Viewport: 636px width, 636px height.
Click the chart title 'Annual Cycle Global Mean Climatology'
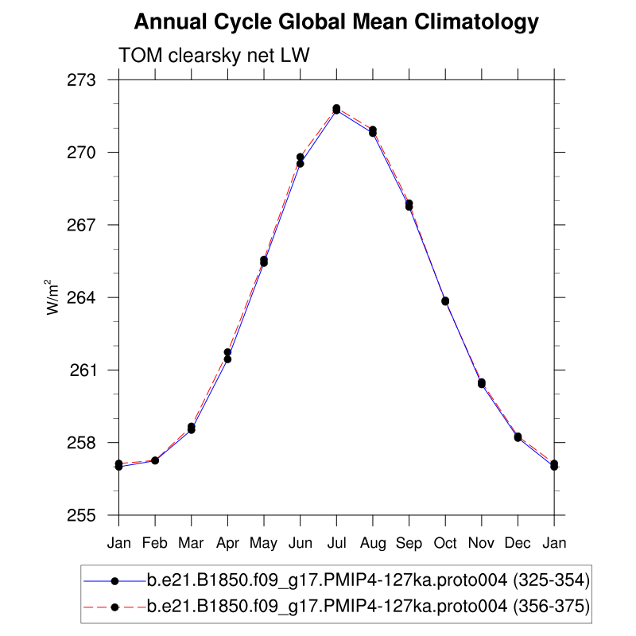[336, 22]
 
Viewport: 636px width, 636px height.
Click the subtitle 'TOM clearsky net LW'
[213, 56]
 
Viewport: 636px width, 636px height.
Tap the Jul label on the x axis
[336, 543]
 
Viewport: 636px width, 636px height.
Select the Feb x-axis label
[155, 543]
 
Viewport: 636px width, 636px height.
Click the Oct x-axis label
[445, 543]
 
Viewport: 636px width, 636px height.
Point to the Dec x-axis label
[518, 543]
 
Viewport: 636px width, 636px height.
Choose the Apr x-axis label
[227, 543]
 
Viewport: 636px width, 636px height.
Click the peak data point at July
[336, 109]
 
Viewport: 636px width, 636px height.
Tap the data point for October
[445, 301]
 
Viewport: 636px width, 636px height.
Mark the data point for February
[155, 460]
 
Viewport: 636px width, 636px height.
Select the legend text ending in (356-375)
[367, 607]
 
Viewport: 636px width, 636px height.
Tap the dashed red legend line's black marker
[114, 607]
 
